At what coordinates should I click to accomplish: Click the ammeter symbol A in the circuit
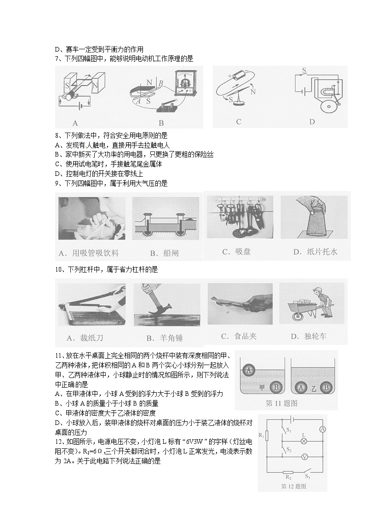[x=322, y=429]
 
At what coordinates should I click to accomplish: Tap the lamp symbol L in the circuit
[x=303, y=440]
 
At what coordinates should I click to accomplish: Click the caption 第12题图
[x=293, y=486]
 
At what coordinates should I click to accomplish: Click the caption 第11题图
[x=282, y=403]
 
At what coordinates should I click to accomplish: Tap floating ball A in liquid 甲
[x=249, y=370]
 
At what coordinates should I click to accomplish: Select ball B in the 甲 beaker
[x=275, y=388]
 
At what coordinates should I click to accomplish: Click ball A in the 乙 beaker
[x=302, y=388]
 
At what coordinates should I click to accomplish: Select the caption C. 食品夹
[x=239, y=336]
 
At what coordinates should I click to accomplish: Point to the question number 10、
[x=61, y=269]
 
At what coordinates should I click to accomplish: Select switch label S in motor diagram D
[x=303, y=70]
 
